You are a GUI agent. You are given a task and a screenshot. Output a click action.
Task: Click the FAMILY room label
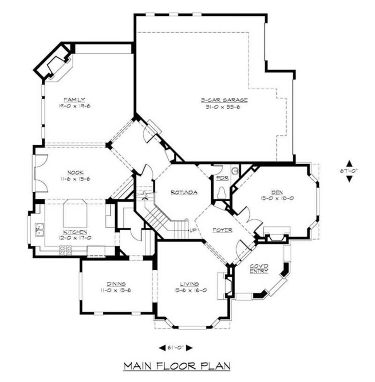click(x=74, y=100)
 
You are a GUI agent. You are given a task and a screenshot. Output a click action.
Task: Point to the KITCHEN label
click(x=75, y=232)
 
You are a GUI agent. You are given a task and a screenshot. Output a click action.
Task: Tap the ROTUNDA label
click(x=184, y=192)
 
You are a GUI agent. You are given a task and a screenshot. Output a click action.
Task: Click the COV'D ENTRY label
click(x=259, y=268)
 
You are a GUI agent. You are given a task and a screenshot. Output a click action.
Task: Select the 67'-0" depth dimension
click(x=349, y=171)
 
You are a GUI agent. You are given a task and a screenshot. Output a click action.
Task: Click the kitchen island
click(x=75, y=213)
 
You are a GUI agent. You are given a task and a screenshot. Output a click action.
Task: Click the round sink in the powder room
click(x=235, y=171)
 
